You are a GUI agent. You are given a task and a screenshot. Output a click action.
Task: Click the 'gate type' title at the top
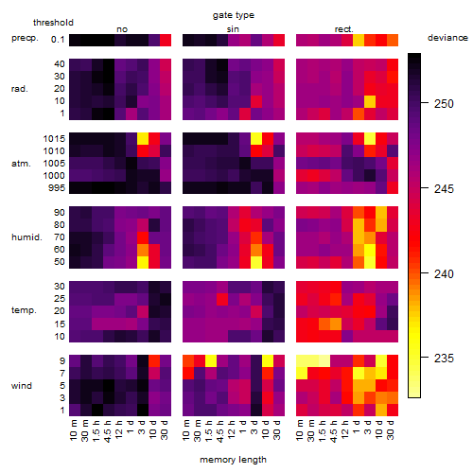(234, 15)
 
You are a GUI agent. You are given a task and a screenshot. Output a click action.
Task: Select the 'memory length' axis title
(233, 460)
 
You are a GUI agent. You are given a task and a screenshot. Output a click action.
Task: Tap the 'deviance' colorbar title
(447, 38)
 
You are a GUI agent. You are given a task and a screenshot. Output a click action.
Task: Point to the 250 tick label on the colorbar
(444, 103)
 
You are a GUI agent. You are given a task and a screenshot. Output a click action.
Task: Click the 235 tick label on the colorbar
(444, 359)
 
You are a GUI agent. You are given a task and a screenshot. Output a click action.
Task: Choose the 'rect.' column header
(343, 29)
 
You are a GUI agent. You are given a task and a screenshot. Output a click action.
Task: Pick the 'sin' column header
(233, 29)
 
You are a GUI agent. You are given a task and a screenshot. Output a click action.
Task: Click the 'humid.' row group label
(26, 237)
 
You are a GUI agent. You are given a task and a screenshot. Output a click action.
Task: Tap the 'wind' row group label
(22, 386)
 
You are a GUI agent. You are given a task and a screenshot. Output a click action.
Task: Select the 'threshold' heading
(53, 23)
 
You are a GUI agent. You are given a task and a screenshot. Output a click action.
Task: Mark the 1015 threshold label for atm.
(54, 139)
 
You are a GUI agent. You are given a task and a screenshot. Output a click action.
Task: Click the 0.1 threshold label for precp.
(58, 40)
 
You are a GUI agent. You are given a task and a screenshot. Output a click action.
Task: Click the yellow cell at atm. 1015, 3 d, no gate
(143, 139)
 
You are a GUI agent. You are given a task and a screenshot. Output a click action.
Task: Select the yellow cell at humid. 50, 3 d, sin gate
(256, 262)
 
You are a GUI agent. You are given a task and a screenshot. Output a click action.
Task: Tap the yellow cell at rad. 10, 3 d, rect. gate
(370, 101)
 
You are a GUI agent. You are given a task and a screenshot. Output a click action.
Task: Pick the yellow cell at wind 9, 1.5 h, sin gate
(211, 360)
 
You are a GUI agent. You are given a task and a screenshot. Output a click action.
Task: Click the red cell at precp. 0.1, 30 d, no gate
(166, 41)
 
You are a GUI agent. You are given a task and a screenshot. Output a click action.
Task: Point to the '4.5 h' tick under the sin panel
(220, 431)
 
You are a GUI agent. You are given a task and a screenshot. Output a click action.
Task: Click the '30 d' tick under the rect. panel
(391, 429)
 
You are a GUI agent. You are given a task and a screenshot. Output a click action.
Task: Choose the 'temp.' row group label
(24, 310)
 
